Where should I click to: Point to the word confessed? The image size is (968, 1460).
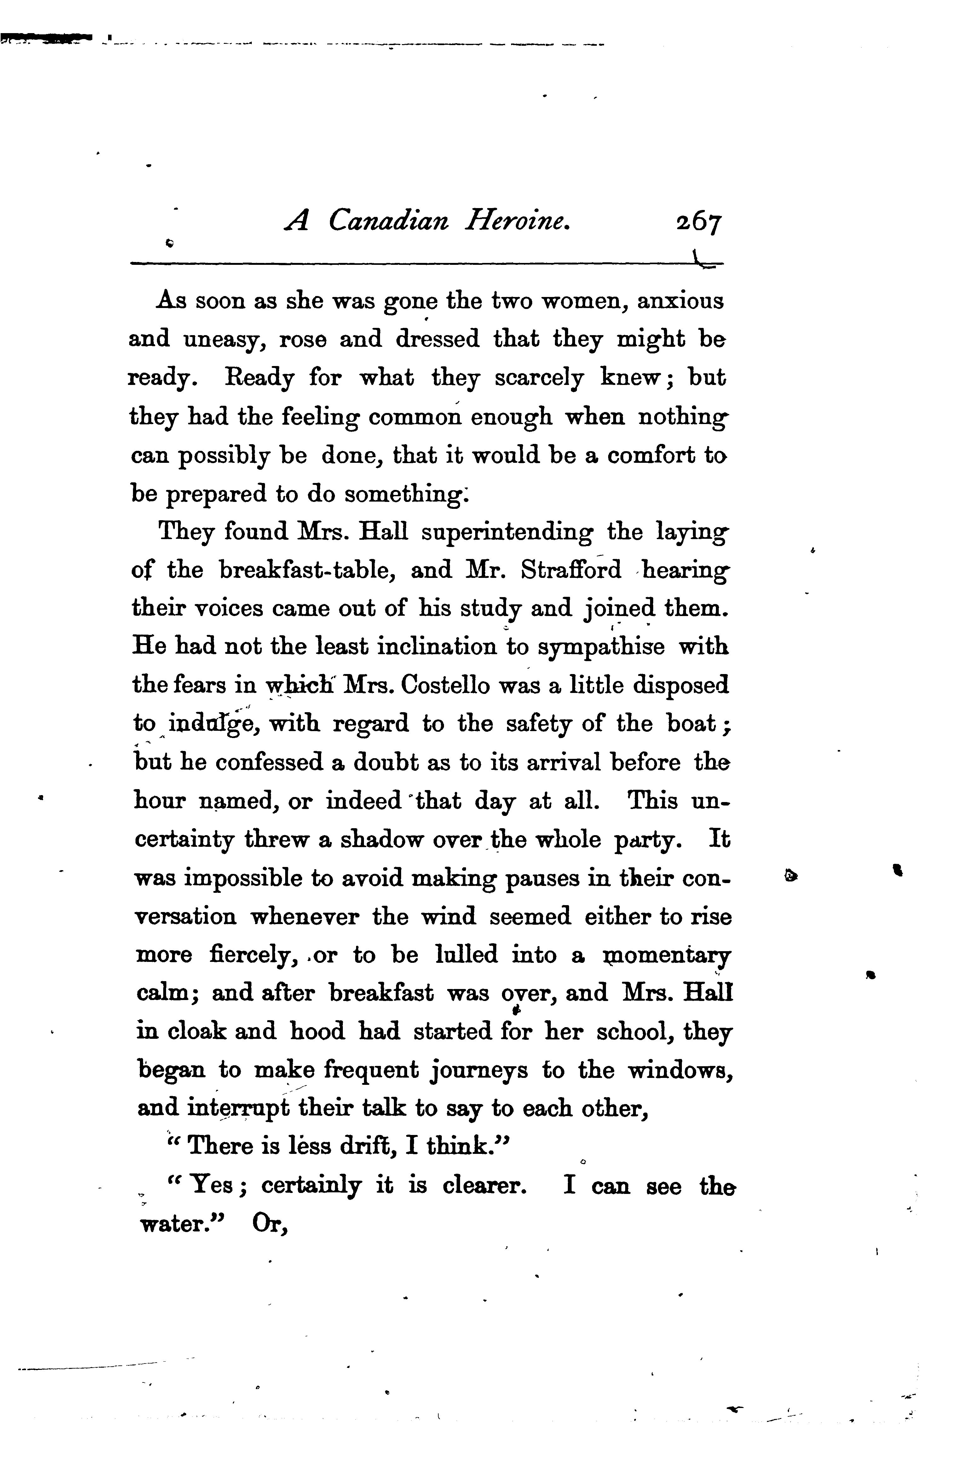click(269, 763)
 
